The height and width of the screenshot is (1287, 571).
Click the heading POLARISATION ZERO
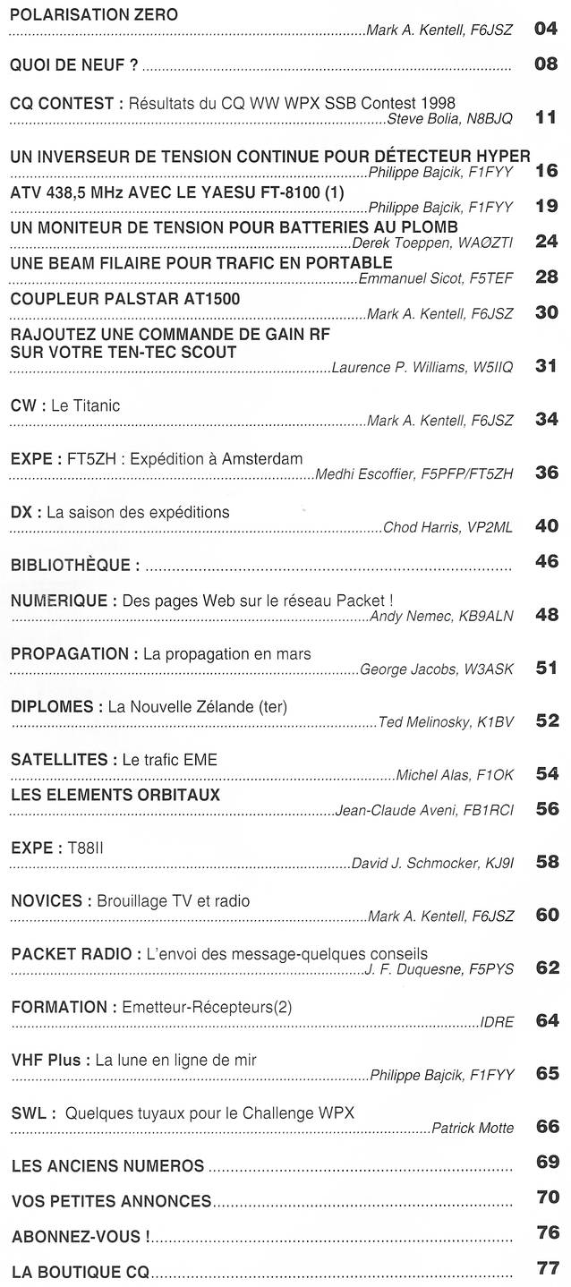point(94,14)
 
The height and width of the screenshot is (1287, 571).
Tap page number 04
point(546,29)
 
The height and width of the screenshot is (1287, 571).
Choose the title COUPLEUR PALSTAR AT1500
point(124,298)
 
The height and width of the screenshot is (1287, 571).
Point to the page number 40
point(546,526)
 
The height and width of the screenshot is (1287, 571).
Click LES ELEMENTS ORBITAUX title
point(115,794)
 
